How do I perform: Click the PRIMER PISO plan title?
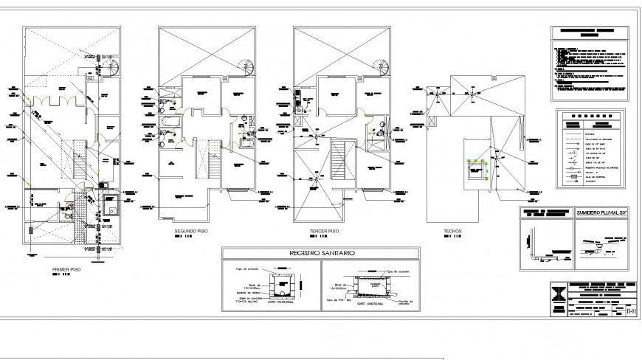[67, 269]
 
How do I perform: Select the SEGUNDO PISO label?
[191, 231]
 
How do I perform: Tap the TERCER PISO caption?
[325, 231]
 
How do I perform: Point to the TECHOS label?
[452, 231]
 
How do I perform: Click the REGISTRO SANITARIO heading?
[320, 253]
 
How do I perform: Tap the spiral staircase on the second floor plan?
[246, 67]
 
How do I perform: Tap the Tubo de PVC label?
[336, 300]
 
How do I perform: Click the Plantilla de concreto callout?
[406, 302]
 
